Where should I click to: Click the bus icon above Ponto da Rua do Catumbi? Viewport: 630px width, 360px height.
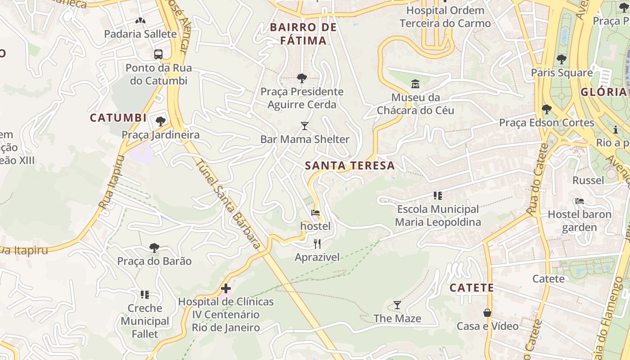pyautogui.click(x=158, y=54)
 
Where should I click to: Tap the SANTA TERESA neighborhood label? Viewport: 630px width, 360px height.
pyautogui.click(x=350, y=166)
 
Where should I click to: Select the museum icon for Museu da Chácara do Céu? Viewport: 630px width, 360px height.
pyautogui.click(x=415, y=84)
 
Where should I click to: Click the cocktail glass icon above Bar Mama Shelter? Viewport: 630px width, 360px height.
pyautogui.click(x=305, y=126)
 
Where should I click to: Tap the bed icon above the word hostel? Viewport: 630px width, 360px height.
pyautogui.click(x=315, y=213)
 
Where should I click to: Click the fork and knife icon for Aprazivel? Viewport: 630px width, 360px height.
pyautogui.click(x=317, y=244)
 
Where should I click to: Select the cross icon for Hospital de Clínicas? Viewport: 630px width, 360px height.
pyautogui.click(x=226, y=288)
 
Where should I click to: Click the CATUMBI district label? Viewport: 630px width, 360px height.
pyautogui.click(x=118, y=118)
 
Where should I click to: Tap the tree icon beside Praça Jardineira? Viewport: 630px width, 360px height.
pyautogui.click(x=160, y=121)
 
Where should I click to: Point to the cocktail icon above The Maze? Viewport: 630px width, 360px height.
pyautogui.click(x=397, y=305)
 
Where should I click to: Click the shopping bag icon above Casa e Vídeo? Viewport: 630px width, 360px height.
pyautogui.click(x=487, y=313)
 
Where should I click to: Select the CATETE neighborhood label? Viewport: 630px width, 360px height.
pyautogui.click(x=472, y=288)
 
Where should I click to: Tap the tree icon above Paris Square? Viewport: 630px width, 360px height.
pyautogui.click(x=561, y=59)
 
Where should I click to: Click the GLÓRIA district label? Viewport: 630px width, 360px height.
pyautogui.click(x=603, y=92)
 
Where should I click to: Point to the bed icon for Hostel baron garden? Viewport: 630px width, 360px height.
pyautogui.click(x=579, y=201)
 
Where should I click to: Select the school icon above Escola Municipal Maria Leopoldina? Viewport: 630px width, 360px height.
pyautogui.click(x=437, y=196)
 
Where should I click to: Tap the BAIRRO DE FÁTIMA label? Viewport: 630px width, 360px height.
pyautogui.click(x=303, y=34)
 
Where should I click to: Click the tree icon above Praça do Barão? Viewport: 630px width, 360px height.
pyautogui.click(x=154, y=248)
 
